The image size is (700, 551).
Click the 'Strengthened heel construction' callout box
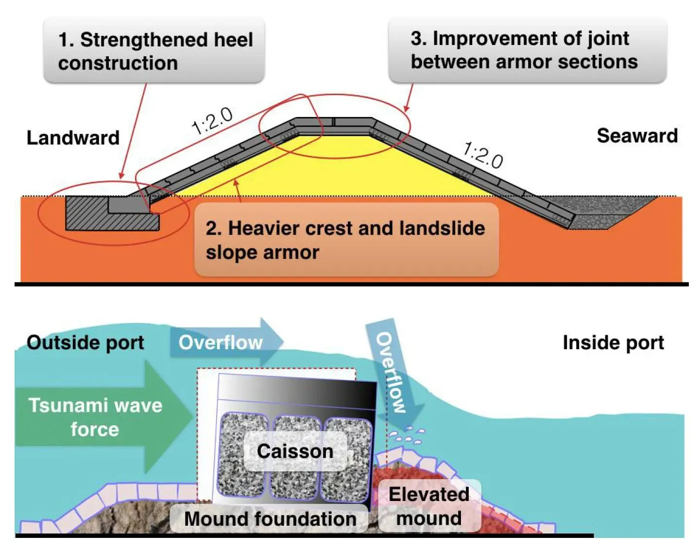[154, 51]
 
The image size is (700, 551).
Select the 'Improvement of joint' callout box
[527, 50]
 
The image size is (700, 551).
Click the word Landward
[73, 138]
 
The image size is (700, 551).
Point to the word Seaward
[637, 136]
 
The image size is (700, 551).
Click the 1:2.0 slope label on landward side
[212, 121]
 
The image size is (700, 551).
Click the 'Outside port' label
[85, 343]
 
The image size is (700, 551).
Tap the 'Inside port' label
[613, 343]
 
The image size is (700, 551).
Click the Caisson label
[295, 452]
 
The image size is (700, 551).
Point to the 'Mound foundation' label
[270, 519]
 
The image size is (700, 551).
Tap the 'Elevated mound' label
[429, 506]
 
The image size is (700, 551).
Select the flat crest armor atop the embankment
[334, 122]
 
